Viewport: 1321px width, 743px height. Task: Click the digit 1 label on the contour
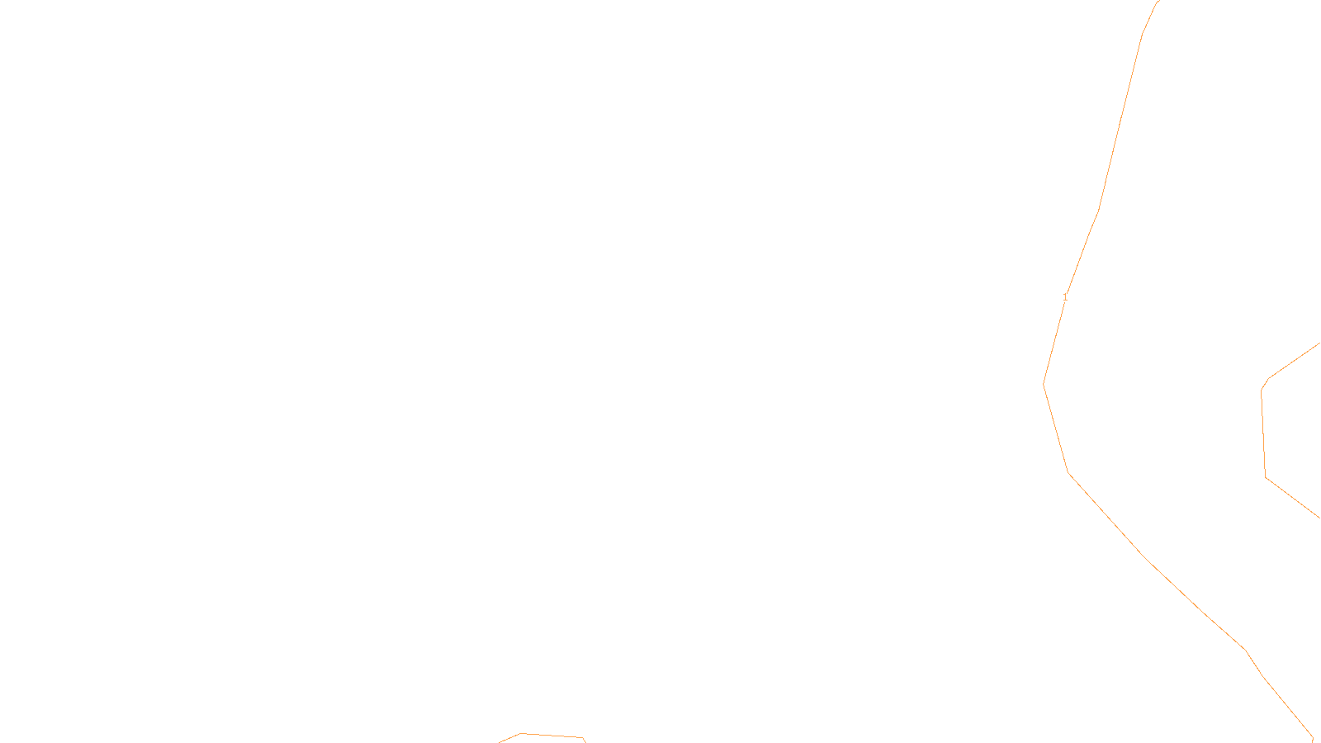tap(1065, 296)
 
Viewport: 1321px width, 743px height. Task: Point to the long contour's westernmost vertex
tap(1044, 385)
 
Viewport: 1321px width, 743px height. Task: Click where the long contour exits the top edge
tap(1159, 1)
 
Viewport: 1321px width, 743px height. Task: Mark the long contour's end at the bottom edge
tap(1313, 741)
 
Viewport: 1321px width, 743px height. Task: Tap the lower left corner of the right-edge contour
tap(1266, 477)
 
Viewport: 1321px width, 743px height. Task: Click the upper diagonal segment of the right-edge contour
tap(1294, 361)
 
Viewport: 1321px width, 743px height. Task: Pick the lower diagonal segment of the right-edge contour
tap(1294, 498)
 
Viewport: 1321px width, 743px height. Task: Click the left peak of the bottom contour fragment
tap(521, 733)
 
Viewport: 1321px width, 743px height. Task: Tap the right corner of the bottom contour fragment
tap(583, 737)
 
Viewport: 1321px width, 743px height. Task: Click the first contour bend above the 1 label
tap(1098, 211)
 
